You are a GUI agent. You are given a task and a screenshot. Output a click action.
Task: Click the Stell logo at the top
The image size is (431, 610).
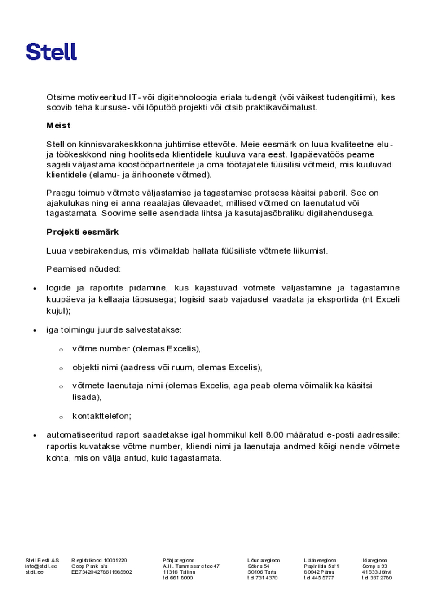point(51,52)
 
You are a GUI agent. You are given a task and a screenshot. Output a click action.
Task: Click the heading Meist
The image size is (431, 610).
point(58,126)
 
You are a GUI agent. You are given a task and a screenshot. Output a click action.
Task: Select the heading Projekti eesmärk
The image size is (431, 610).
point(83,232)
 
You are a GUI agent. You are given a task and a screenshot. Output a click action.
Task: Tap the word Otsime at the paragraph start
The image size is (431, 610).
point(61,97)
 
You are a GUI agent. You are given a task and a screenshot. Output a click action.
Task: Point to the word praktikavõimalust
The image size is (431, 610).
point(281,108)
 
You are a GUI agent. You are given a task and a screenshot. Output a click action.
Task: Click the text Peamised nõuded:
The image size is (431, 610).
point(84,269)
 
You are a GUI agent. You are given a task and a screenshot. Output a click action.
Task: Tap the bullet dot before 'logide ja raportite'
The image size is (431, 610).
point(35,289)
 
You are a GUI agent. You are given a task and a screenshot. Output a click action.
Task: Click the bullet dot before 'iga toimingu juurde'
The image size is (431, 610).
point(35,331)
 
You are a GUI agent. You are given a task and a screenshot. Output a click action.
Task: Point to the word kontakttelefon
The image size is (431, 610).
point(101,416)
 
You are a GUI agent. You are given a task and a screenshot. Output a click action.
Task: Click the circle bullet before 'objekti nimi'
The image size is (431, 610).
point(62,369)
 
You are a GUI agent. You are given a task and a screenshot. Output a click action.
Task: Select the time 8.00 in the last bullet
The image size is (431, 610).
point(275,435)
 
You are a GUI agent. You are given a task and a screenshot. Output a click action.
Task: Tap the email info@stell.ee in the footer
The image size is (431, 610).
point(41,566)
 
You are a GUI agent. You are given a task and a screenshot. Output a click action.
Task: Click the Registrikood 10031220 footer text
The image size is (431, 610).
point(99,561)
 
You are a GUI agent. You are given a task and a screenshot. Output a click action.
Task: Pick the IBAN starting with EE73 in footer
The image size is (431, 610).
point(102,572)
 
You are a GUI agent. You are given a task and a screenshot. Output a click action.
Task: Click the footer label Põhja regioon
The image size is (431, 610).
point(179,561)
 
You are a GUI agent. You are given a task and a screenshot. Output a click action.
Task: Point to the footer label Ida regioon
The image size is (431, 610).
point(375,561)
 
